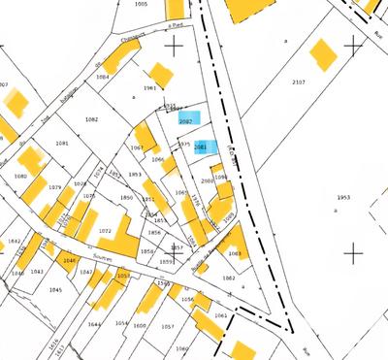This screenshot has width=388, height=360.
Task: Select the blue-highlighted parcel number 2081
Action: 200,147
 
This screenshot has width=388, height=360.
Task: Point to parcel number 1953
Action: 343,197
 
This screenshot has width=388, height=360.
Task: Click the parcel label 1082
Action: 92,119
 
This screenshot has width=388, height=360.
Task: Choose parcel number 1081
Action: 62,143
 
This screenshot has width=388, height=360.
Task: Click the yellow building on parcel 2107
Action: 320,49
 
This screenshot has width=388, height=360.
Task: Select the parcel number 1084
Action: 102,76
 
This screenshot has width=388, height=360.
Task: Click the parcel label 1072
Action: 105,231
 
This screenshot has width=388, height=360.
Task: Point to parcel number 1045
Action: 55,290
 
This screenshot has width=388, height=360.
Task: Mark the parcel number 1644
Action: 94,324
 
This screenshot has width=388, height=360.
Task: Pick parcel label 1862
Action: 228,278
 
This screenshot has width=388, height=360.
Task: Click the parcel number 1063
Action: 234,253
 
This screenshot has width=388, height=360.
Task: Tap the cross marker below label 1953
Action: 353,254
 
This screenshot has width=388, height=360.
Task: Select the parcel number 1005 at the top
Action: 141,4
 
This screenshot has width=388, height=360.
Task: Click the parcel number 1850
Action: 126,198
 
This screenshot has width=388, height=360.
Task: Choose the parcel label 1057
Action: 167,327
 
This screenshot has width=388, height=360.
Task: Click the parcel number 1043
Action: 37,272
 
